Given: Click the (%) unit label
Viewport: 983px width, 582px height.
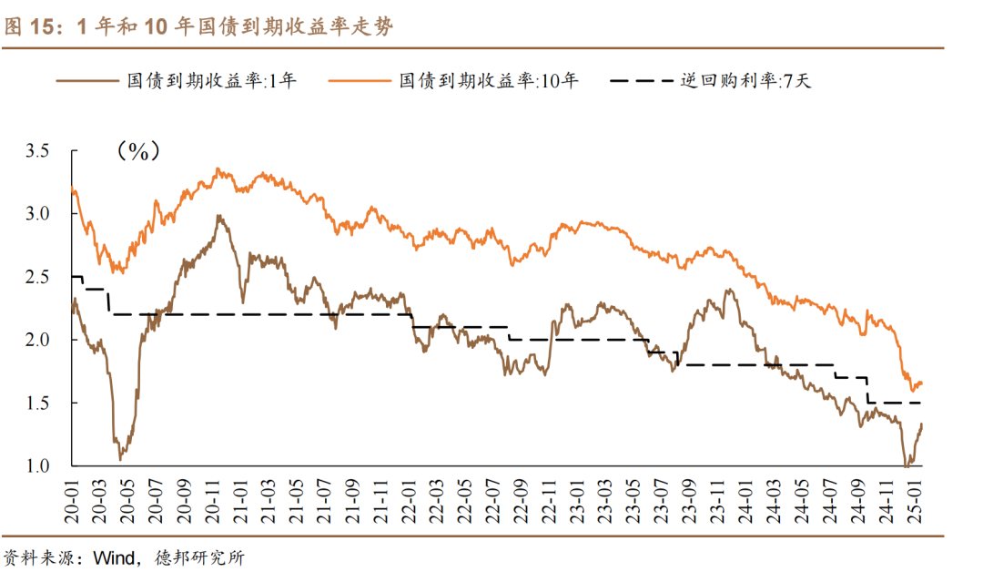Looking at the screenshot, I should click(x=137, y=151).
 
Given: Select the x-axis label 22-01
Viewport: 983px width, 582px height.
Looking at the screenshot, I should click(x=411, y=496).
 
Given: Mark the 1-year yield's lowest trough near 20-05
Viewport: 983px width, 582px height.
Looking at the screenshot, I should click(x=118, y=458).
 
